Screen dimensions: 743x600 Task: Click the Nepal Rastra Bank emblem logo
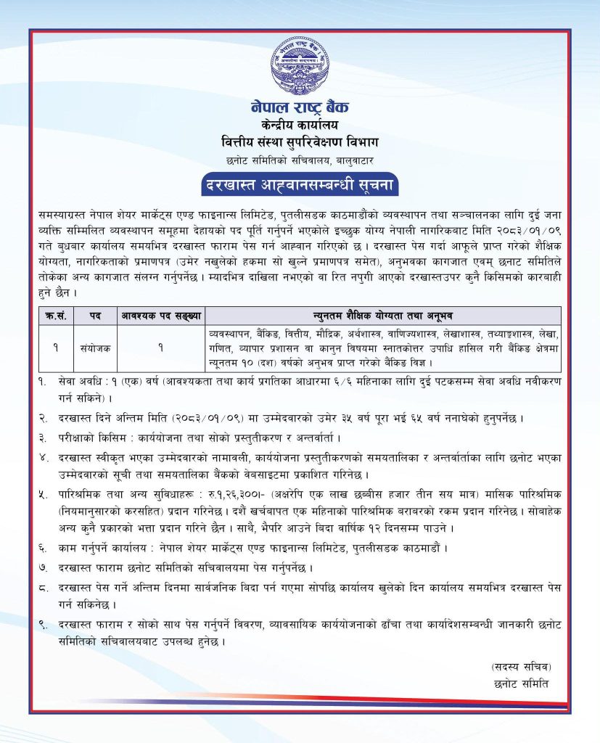(x=300, y=66)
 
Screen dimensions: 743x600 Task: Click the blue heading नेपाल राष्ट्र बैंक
(x=300, y=107)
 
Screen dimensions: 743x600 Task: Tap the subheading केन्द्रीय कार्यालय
(x=300, y=124)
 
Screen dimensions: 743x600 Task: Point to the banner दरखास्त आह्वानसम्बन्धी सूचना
(x=300, y=184)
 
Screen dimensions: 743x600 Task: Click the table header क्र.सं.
(x=55, y=316)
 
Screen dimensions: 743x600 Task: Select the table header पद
(x=95, y=316)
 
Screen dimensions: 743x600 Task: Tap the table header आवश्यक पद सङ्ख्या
(x=160, y=316)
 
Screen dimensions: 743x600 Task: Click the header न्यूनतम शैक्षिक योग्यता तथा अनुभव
(x=383, y=316)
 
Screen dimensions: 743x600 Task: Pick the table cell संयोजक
(x=95, y=348)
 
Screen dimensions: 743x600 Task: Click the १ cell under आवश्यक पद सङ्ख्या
(x=160, y=348)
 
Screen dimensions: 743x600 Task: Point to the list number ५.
(x=44, y=493)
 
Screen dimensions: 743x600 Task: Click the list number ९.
(x=44, y=623)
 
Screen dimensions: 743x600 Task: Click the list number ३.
(x=44, y=438)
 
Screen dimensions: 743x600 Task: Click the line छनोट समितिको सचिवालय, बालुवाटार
(x=300, y=158)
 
